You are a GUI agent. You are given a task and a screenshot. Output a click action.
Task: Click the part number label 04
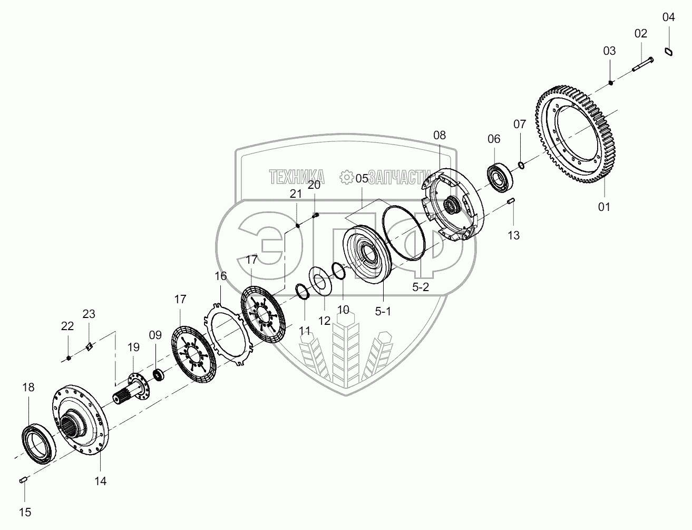point(668,17)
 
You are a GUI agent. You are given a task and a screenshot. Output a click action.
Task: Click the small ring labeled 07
point(521,165)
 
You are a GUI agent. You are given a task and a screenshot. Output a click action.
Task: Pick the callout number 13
point(513,235)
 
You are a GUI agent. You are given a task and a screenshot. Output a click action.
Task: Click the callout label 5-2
point(421,287)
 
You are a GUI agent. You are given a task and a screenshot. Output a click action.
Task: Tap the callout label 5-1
point(383,311)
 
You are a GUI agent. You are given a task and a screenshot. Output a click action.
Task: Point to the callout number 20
point(314,185)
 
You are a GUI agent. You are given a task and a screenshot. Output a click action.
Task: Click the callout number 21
point(296,194)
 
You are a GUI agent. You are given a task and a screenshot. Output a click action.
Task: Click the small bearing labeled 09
point(158,374)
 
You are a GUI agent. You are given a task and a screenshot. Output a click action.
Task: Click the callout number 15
point(25,512)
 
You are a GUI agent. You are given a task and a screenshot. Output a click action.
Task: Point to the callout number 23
point(89,314)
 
